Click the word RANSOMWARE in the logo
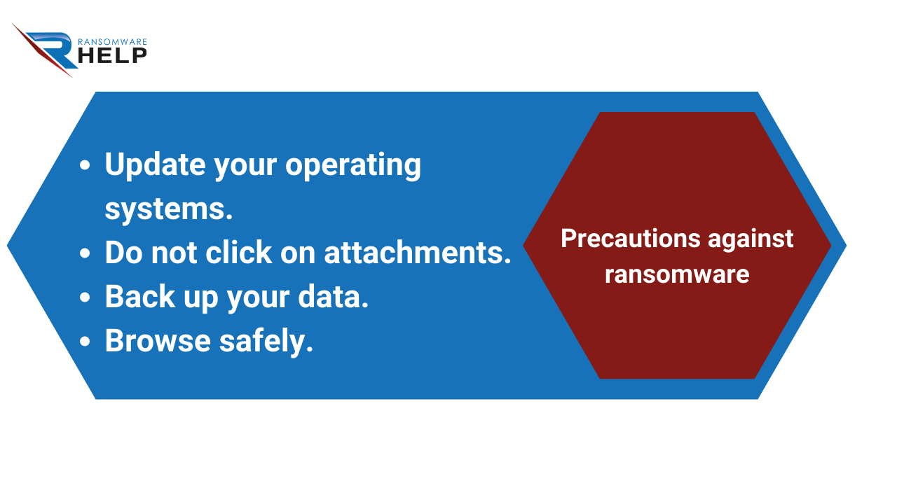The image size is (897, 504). pos(113,42)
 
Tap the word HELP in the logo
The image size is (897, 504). pos(113,55)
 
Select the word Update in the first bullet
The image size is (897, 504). pos(156,164)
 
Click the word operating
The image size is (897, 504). pos(353,165)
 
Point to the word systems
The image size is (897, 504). pos(169,209)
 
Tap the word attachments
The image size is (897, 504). pos(418,253)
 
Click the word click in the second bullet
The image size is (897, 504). pos(239,253)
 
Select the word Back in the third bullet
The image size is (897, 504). pos(140,296)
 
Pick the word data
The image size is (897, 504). pos(333,297)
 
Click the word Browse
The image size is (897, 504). pos(158,341)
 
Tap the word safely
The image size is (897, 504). pos(266,341)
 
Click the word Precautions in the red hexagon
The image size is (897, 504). pos(631,239)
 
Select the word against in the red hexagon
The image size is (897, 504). pos(751,239)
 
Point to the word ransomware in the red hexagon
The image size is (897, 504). pos(677,275)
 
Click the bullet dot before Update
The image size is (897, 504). pos(85,165)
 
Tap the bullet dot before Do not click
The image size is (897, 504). pos(85,253)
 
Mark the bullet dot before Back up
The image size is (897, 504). pos(85,297)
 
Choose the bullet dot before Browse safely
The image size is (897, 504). pos(85,341)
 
